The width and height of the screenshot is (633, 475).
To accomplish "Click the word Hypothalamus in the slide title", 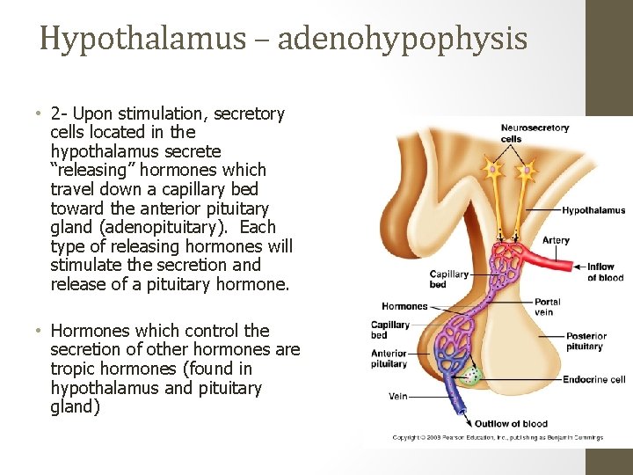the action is pyautogui.click(x=142, y=39).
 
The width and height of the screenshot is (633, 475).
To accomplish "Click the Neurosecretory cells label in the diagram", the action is pyautogui.click(x=535, y=133).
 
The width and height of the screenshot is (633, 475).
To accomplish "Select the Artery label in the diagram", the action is pyautogui.click(x=556, y=240).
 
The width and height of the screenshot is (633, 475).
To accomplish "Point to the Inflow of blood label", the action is pyautogui.click(x=606, y=272).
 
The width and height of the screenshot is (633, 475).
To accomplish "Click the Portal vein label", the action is pyautogui.click(x=547, y=307).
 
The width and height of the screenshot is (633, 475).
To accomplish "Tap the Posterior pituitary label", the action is pyautogui.click(x=586, y=341).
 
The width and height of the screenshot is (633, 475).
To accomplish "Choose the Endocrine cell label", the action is pyautogui.click(x=595, y=380).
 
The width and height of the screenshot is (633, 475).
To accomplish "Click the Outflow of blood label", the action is pyautogui.click(x=511, y=424).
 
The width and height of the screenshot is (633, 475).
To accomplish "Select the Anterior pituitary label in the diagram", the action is pyautogui.click(x=389, y=359).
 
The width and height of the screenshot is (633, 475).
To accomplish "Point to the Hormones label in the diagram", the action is pyautogui.click(x=404, y=306).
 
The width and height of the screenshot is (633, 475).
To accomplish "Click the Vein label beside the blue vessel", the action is pyautogui.click(x=398, y=397).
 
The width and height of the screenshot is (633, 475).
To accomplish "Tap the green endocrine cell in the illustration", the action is pyautogui.click(x=474, y=376).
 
